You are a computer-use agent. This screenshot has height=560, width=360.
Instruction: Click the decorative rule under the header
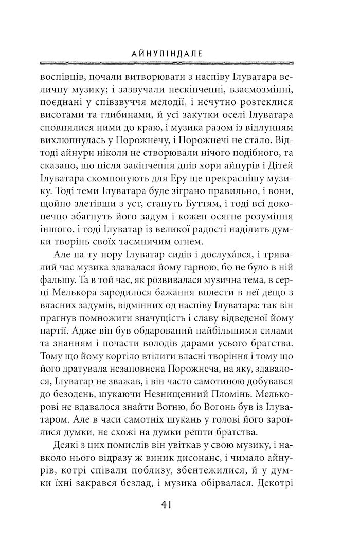(x=179, y=62)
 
